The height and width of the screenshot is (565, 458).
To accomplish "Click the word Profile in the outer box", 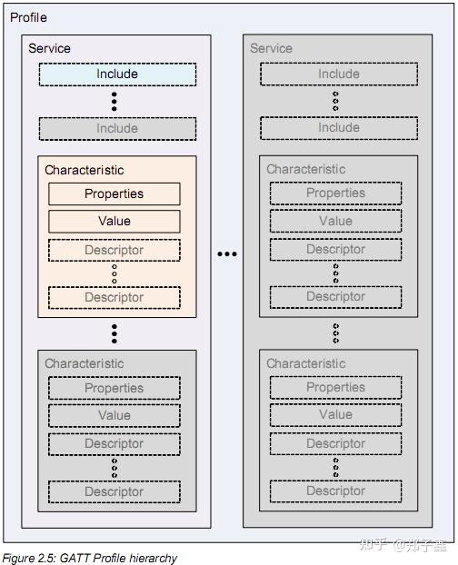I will point(28,17).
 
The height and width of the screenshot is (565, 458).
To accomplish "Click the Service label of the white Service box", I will point(49,48).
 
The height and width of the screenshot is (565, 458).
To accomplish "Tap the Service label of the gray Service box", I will point(271,48).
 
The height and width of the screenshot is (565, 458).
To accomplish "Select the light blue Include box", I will point(117,74).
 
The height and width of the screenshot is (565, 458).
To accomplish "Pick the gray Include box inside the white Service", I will point(117,129).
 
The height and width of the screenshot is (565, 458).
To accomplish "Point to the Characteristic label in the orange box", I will point(85,170).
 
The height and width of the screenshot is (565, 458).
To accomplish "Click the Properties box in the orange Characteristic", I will point(114,193).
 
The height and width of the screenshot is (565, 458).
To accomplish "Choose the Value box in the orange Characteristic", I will point(114,221).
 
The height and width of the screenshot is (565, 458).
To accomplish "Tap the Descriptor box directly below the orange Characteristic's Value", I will point(114,250).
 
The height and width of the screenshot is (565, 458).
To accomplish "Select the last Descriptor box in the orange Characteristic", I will point(114,297).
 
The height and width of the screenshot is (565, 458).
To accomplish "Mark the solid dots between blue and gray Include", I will point(115,101).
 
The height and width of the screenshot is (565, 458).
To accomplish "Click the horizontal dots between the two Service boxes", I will point(226,254).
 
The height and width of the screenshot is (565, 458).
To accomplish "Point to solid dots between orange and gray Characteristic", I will point(114,333).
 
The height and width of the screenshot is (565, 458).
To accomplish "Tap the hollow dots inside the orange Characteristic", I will point(114,273).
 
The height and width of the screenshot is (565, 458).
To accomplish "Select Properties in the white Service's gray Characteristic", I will point(114,388).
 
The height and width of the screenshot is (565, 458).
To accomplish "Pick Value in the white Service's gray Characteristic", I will point(114,415).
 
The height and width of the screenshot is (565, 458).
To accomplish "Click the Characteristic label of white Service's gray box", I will point(85,363).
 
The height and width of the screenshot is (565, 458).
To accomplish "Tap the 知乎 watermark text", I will point(373,545).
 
